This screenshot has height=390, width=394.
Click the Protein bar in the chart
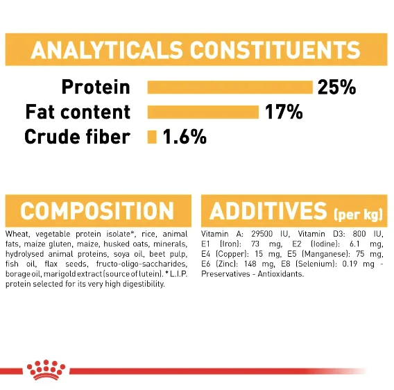[x=230, y=87]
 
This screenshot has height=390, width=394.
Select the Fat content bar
[x=203, y=112]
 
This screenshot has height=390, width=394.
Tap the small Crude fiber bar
[x=152, y=137]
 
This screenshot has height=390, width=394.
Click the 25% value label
[x=336, y=87]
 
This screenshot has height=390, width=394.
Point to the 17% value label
[x=284, y=112]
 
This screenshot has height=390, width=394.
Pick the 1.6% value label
[x=185, y=137]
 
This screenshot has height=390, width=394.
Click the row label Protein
[x=96, y=87]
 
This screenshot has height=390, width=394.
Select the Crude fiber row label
[x=78, y=137]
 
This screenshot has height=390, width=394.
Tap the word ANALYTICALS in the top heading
[x=107, y=50]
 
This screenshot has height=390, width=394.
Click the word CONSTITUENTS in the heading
[x=275, y=50]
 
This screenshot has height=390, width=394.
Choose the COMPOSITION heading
[x=97, y=211]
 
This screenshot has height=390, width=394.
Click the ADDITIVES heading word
[x=268, y=211]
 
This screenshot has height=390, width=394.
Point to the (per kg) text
[x=359, y=214]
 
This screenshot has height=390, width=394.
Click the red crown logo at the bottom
[x=46, y=370]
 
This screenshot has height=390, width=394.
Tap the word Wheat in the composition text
[x=17, y=234]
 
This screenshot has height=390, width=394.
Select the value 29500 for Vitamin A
[x=262, y=234]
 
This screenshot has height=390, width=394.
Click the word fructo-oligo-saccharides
[x=142, y=264]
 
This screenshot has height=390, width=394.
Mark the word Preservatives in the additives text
[x=225, y=274]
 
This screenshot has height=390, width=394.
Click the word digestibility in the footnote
[x=142, y=284]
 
